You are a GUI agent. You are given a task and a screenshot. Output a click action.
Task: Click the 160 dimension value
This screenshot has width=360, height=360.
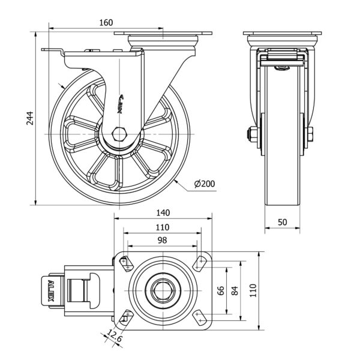pos(105,23)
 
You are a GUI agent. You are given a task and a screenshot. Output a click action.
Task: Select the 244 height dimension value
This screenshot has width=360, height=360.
pos(30,121)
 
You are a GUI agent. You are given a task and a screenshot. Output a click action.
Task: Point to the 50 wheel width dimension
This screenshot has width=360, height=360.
pos(283,222)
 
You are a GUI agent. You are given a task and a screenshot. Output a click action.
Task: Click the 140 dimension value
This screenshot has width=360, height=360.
pos(163,212)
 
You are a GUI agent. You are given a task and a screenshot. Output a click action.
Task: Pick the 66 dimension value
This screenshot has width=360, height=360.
pos(220,291)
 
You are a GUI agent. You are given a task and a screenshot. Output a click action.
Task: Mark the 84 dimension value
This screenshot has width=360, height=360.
pos(235,291)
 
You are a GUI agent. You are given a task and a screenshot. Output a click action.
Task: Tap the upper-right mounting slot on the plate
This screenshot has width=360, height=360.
pos(199,262)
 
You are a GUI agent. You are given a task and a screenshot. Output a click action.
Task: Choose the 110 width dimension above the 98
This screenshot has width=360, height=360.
pos(162,227)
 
